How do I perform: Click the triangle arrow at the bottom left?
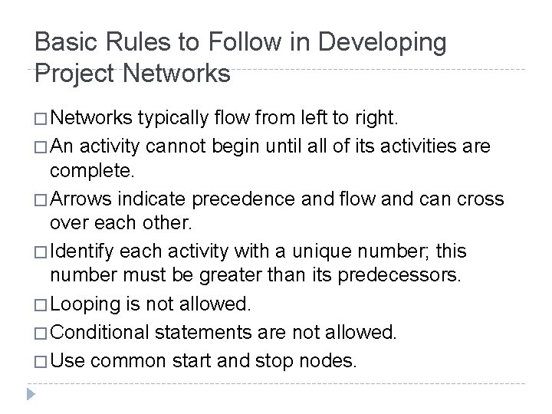[31, 395]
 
